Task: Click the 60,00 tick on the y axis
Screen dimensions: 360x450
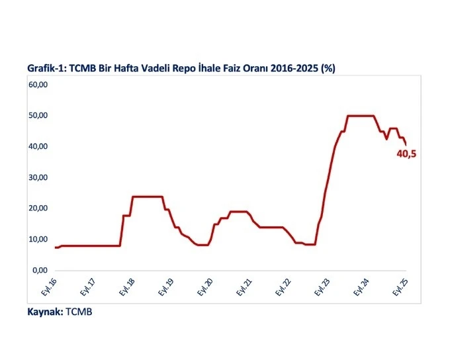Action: pyautogui.click(x=37, y=85)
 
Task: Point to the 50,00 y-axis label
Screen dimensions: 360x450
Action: pyautogui.click(x=37, y=115)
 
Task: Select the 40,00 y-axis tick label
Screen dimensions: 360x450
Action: pyautogui.click(x=37, y=146)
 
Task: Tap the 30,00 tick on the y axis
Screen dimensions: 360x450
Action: pyautogui.click(x=37, y=177)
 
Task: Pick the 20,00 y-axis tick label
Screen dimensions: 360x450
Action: pyautogui.click(x=37, y=208)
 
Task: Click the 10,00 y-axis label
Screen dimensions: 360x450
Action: pyautogui.click(x=37, y=239)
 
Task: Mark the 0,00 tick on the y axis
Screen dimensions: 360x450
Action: pyautogui.click(x=40, y=270)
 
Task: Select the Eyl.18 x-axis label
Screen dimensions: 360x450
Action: pyautogui.click(x=128, y=286)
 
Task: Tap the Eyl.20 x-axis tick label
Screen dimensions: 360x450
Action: pyautogui.click(x=206, y=286)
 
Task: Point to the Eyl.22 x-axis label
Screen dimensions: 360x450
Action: pyautogui.click(x=285, y=286)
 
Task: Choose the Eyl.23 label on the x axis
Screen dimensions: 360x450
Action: pyautogui.click(x=324, y=286)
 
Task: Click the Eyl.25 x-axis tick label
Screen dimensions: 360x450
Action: pyautogui.click(x=402, y=286)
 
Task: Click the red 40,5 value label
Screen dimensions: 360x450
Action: pyautogui.click(x=407, y=154)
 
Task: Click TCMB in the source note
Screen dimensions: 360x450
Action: pyautogui.click(x=79, y=312)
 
